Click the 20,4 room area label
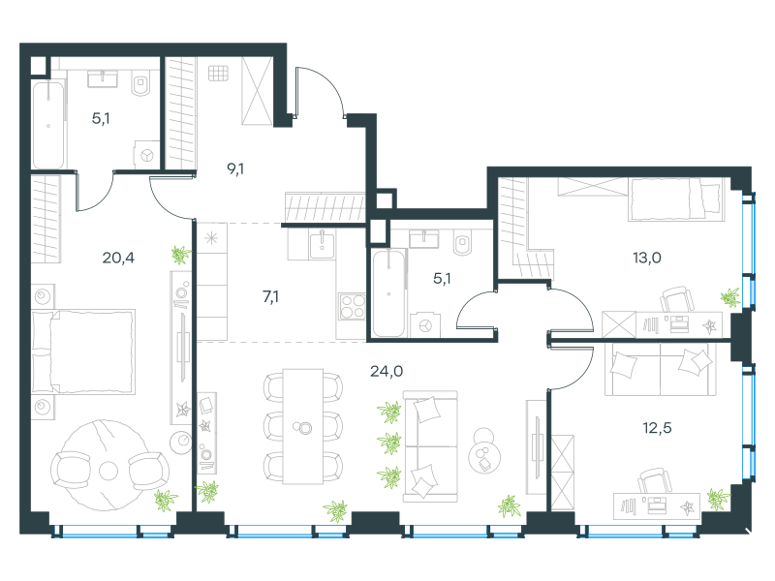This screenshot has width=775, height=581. tap(118, 258)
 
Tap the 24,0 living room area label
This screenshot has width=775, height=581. tap(387, 371)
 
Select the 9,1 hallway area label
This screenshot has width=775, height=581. tap(235, 168)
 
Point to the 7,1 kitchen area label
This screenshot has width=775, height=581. tap(270, 296)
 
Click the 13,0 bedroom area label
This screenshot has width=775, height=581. tap(647, 258)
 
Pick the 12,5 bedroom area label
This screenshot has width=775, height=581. tap(657, 427)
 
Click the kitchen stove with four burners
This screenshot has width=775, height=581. tap(352, 306)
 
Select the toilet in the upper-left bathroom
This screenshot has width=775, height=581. tap(141, 83)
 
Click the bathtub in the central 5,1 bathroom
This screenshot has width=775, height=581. tap(389, 293)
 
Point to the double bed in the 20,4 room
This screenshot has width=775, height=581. tap(83, 352)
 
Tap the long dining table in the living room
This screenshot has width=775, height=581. tap(303, 426)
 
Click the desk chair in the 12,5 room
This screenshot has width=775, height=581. tap(656, 481)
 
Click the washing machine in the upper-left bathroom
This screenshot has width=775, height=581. tap(147, 155)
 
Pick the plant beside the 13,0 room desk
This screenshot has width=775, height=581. tap(729, 297)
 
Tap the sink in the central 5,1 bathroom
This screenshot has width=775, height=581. tap(423, 239)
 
